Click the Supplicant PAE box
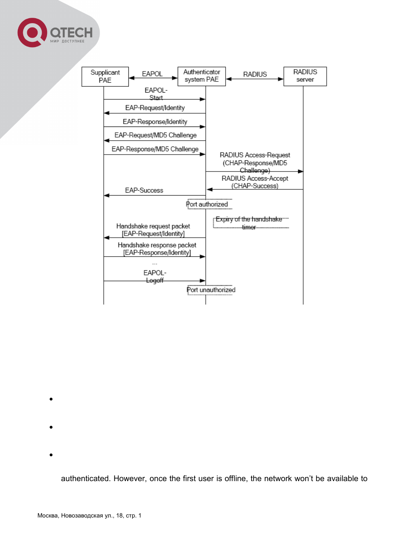pos(105,76)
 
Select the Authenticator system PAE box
pos(202,76)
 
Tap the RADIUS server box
pos(305,76)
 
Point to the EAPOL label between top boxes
pos(152,74)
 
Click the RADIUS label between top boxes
pos(255,74)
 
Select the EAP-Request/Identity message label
pos(155,108)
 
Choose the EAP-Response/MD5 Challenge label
pos(155,149)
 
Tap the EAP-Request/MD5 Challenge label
pos(155,135)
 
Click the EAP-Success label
pos(144,191)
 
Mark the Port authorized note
pos(207,204)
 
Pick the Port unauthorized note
pos(211,290)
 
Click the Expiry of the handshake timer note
pos(249,223)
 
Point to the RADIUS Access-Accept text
pos(255,179)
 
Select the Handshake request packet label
pos(153,226)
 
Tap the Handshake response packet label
pos(157,245)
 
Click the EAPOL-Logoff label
pos(155,277)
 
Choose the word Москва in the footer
pos(48,515)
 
